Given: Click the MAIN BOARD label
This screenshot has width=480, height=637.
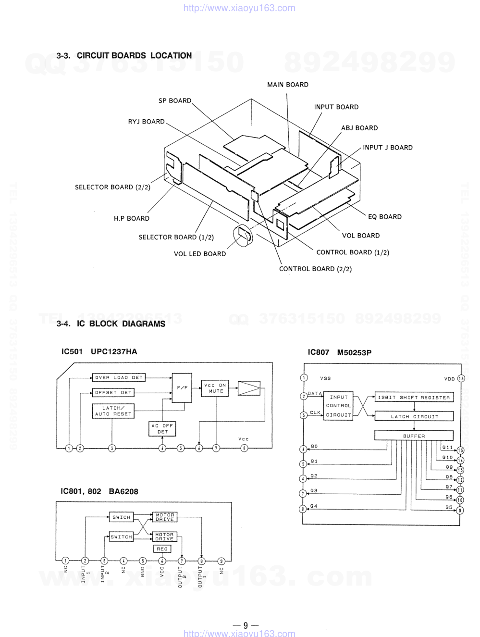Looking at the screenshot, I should (x=287, y=85).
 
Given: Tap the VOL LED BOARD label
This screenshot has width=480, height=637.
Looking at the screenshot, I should (x=199, y=254).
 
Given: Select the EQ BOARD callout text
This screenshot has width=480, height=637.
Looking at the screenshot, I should (x=384, y=217).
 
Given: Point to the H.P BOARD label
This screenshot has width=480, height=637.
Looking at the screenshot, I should (x=131, y=218).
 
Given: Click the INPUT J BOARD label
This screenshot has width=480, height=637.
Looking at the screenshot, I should (x=387, y=148).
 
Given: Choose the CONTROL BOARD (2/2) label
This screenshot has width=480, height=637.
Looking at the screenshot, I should (x=315, y=269).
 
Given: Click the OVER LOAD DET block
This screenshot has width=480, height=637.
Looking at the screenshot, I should (x=119, y=378).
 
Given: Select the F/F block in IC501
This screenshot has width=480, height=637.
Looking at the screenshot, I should (x=182, y=387).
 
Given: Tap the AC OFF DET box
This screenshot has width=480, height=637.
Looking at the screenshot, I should (x=162, y=429).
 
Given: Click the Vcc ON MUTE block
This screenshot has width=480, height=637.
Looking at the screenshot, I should (x=215, y=388).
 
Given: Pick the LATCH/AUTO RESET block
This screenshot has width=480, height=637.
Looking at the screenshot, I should (x=113, y=411).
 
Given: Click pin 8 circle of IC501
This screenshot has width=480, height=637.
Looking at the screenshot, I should (x=244, y=449).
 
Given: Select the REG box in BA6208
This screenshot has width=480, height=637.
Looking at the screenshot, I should (x=162, y=549).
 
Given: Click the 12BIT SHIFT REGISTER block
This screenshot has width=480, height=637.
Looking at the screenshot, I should (x=414, y=398).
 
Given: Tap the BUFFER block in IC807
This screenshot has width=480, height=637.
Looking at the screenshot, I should (x=414, y=436).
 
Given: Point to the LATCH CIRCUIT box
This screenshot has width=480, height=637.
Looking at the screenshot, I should (x=414, y=416).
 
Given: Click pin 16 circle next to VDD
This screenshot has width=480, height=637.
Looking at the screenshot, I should (x=461, y=378).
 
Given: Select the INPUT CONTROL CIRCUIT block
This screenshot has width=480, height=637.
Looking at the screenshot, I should (x=339, y=406).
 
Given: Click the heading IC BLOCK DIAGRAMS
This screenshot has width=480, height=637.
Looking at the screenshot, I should (x=111, y=324).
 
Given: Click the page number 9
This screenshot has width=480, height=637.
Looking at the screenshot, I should (x=246, y=625).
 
